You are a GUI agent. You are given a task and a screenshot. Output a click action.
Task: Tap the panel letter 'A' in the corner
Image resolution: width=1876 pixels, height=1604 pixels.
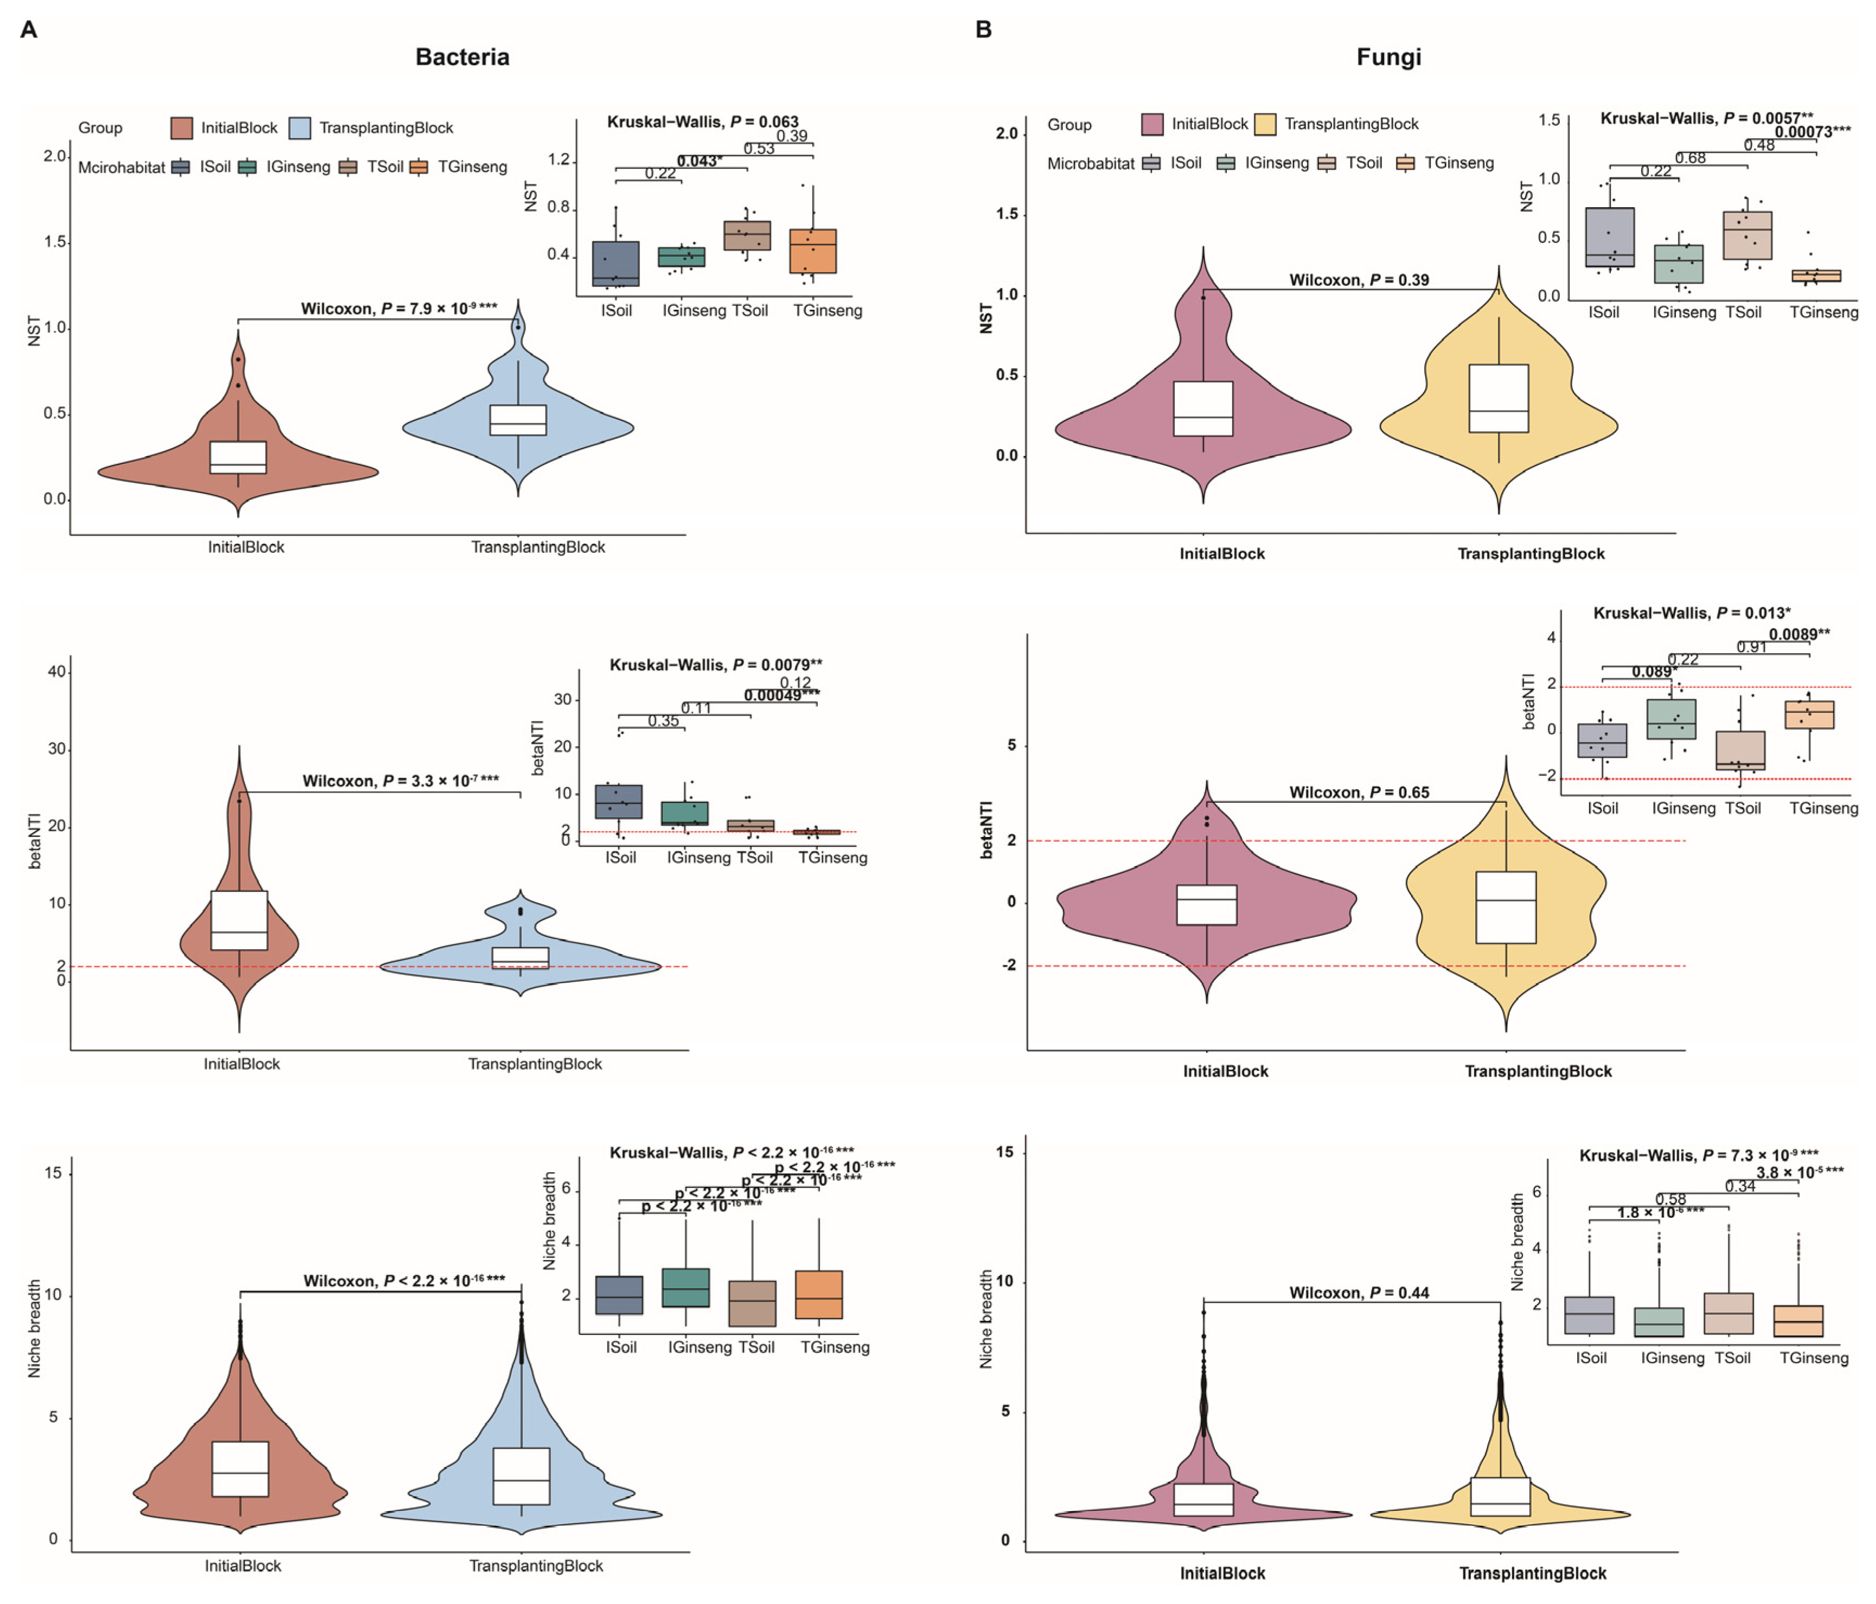pyautogui.click(x=29, y=30)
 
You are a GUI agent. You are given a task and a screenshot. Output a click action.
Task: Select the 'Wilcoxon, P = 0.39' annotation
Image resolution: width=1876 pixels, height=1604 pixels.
pyautogui.click(x=1359, y=280)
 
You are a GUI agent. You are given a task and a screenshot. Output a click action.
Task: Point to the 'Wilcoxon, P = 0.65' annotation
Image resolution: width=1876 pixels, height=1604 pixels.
pyautogui.click(x=1359, y=793)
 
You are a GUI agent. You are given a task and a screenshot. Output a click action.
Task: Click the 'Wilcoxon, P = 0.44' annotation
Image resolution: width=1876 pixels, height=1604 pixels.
pyautogui.click(x=1359, y=1293)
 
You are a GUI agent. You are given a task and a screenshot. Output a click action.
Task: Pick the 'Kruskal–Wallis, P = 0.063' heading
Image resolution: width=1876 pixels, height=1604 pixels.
pyautogui.click(x=702, y=122)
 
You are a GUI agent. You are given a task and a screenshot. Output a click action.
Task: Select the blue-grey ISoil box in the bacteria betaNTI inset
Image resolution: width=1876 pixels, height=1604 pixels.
pyautogui.click(x=618, y=802)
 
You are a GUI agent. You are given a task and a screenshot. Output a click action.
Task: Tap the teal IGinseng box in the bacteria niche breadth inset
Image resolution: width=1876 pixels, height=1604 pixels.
pyautogui.click(x=686, y=1287)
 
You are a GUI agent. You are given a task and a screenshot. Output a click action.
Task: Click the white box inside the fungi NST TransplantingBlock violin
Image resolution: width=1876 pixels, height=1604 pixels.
pyautogui.click(x=1499, y=399)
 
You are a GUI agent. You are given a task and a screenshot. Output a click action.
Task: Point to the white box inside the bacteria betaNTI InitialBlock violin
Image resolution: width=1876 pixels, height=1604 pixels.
pyautogui.click(x=239, y=920)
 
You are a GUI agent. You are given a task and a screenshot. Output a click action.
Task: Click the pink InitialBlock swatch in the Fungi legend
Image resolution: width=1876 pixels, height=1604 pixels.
pyautogui.click(x=1151, y=124)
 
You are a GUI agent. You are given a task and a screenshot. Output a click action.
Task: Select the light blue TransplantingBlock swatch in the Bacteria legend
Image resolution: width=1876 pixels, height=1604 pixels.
pyautogui.click(x=300, y=127)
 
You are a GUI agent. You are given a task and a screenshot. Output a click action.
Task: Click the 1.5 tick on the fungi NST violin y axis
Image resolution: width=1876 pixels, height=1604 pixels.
pyautogui.click(x=1006, y=215)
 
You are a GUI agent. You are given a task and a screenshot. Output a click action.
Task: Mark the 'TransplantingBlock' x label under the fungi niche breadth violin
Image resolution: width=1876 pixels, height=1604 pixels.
pyautogui.click(x=1532, y=1573)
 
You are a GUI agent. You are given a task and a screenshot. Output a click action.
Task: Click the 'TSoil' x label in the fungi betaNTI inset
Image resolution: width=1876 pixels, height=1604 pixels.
pyautogui.click(x=1743, y=808)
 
